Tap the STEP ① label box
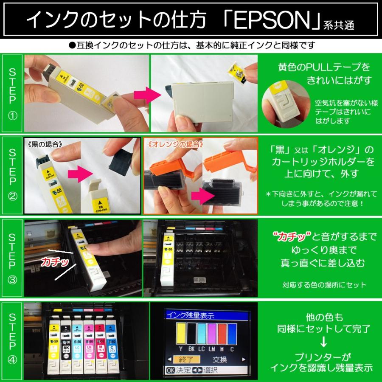click(12, 93)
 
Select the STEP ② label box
click(12, 175)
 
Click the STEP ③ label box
click(12, 258)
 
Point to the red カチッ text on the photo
click(55, 262)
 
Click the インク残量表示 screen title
click(189, 315)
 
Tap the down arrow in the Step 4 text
click(323, 341)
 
